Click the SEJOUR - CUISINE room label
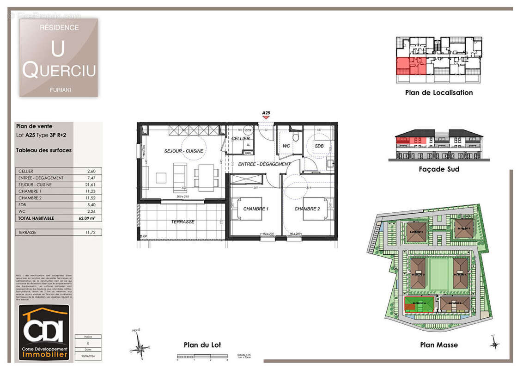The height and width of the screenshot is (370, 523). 183,151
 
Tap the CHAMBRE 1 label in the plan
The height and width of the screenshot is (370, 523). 255,209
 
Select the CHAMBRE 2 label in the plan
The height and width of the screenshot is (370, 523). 307,209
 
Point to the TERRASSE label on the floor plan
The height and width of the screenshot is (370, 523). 183,222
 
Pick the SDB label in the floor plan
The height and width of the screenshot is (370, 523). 319,146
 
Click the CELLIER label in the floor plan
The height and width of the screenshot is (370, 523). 241,138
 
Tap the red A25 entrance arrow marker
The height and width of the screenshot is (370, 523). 266,117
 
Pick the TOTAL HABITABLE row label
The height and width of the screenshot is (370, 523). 36,218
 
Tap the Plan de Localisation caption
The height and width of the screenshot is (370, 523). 439,92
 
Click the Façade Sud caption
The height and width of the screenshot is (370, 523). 439,169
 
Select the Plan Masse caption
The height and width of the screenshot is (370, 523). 439,345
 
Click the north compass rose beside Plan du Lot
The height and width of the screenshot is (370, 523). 141,346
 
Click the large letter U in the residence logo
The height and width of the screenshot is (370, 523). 58,48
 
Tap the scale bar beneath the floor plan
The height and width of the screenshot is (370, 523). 202,356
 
